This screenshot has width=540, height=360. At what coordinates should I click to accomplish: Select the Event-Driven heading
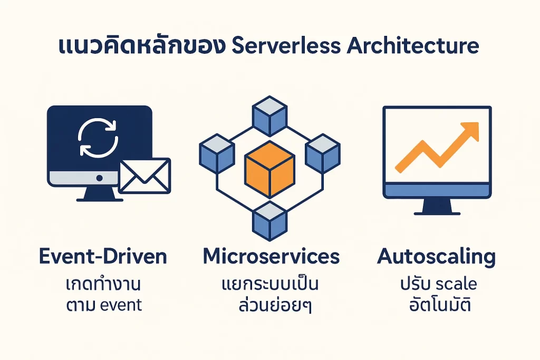click(103, 257)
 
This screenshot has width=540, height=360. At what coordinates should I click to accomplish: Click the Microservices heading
click(271, 257)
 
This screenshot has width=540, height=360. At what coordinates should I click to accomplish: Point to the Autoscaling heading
click(437, 257)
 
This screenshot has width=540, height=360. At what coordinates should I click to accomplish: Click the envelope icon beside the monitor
click(144, 176)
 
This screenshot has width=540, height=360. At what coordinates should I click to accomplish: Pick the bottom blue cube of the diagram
click(269, 221)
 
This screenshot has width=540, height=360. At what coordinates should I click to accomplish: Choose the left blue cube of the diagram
click(216, 152)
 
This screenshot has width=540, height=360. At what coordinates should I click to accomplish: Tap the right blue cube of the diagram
click(323, 152)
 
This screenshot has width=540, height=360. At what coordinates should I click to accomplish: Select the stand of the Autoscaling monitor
click(437, 208)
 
